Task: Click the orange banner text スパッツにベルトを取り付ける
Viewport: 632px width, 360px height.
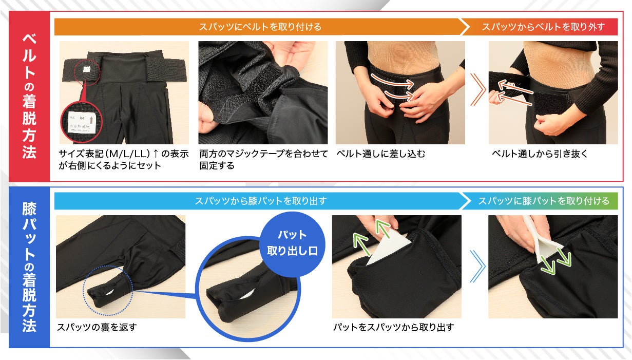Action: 260,27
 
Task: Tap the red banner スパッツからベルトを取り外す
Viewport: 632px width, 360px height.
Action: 543,27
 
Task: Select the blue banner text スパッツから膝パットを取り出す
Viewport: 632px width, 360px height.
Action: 260,201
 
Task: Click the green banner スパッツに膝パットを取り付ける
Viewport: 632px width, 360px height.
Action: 544,201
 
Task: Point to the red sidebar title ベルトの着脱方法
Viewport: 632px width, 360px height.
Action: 29,97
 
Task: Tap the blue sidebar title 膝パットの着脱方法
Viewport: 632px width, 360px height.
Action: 29,267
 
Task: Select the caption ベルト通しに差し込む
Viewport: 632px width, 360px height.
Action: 381,154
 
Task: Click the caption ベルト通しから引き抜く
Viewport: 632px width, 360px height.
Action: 540,154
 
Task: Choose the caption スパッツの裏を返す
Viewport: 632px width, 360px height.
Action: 97,327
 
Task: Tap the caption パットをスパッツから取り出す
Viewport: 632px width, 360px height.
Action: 393,327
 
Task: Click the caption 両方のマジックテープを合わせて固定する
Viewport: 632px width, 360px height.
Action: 263,159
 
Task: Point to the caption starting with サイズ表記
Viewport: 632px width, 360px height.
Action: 124,159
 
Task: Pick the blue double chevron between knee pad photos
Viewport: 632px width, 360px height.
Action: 477,266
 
